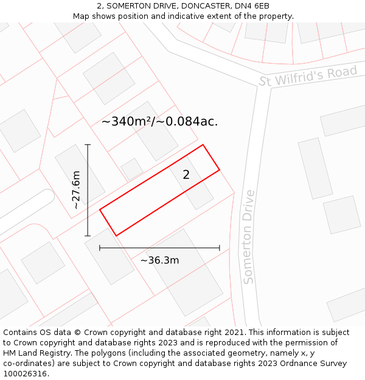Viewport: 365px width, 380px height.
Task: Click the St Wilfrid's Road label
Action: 308,77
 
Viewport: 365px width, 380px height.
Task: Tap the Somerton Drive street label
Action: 248,237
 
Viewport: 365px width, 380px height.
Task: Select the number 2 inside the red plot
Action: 186,175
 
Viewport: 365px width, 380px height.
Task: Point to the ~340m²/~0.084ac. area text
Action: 159,122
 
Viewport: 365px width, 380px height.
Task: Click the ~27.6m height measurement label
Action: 76,190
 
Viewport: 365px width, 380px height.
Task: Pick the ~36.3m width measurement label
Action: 159,260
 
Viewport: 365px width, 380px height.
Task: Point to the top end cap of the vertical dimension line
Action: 88,145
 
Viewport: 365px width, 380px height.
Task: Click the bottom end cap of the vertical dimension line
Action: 88,236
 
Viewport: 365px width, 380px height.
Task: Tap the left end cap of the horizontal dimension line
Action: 100,248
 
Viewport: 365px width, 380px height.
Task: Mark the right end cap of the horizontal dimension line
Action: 220,248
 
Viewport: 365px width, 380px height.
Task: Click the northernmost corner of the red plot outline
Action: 203,145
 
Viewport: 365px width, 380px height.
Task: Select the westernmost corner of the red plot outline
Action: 100,210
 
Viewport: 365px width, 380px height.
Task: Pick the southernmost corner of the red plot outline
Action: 116,235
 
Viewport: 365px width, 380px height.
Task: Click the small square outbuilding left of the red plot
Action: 132,169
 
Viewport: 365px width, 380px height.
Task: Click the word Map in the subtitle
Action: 82,16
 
